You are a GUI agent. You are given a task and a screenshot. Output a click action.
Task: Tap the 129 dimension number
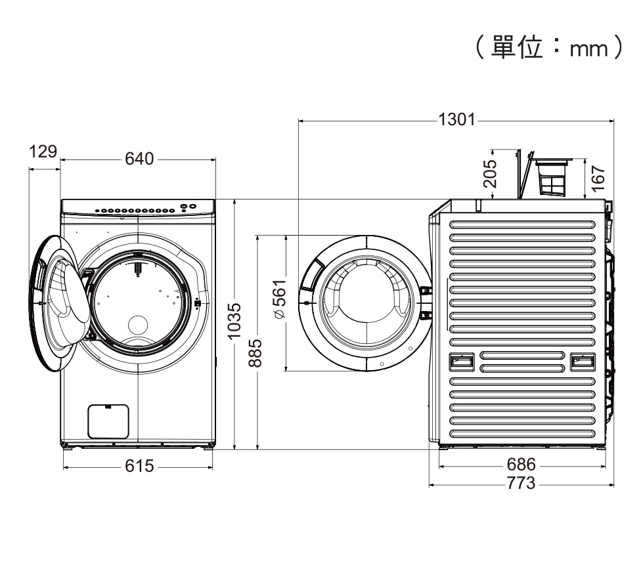coord(43,152)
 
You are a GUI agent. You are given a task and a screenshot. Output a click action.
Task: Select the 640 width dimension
coord(139,159)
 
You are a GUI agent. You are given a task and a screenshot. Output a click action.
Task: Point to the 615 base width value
coord(139,466)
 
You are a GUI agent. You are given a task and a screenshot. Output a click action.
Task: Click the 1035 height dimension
coord(234,322)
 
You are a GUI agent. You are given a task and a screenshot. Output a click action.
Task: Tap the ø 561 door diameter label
coord(280,299)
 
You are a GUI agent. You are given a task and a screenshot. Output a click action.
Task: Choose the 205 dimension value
coord(490,173)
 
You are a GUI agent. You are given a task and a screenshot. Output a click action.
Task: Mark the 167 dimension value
coord(598,178)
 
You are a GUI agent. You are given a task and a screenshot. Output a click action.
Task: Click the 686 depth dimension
coord(521,465)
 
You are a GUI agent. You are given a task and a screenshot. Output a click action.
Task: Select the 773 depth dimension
coord(521,484)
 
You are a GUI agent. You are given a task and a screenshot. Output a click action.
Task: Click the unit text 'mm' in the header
coord(588,49)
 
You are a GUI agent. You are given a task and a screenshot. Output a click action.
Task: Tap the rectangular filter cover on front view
coord(108,421)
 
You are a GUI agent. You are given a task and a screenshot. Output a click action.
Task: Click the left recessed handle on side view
coord(461,362)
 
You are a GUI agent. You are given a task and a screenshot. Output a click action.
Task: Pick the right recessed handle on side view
coord(583,362)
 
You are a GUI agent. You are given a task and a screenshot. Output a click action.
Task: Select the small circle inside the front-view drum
coord(138,325)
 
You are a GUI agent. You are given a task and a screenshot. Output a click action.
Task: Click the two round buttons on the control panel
coord(188,207)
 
